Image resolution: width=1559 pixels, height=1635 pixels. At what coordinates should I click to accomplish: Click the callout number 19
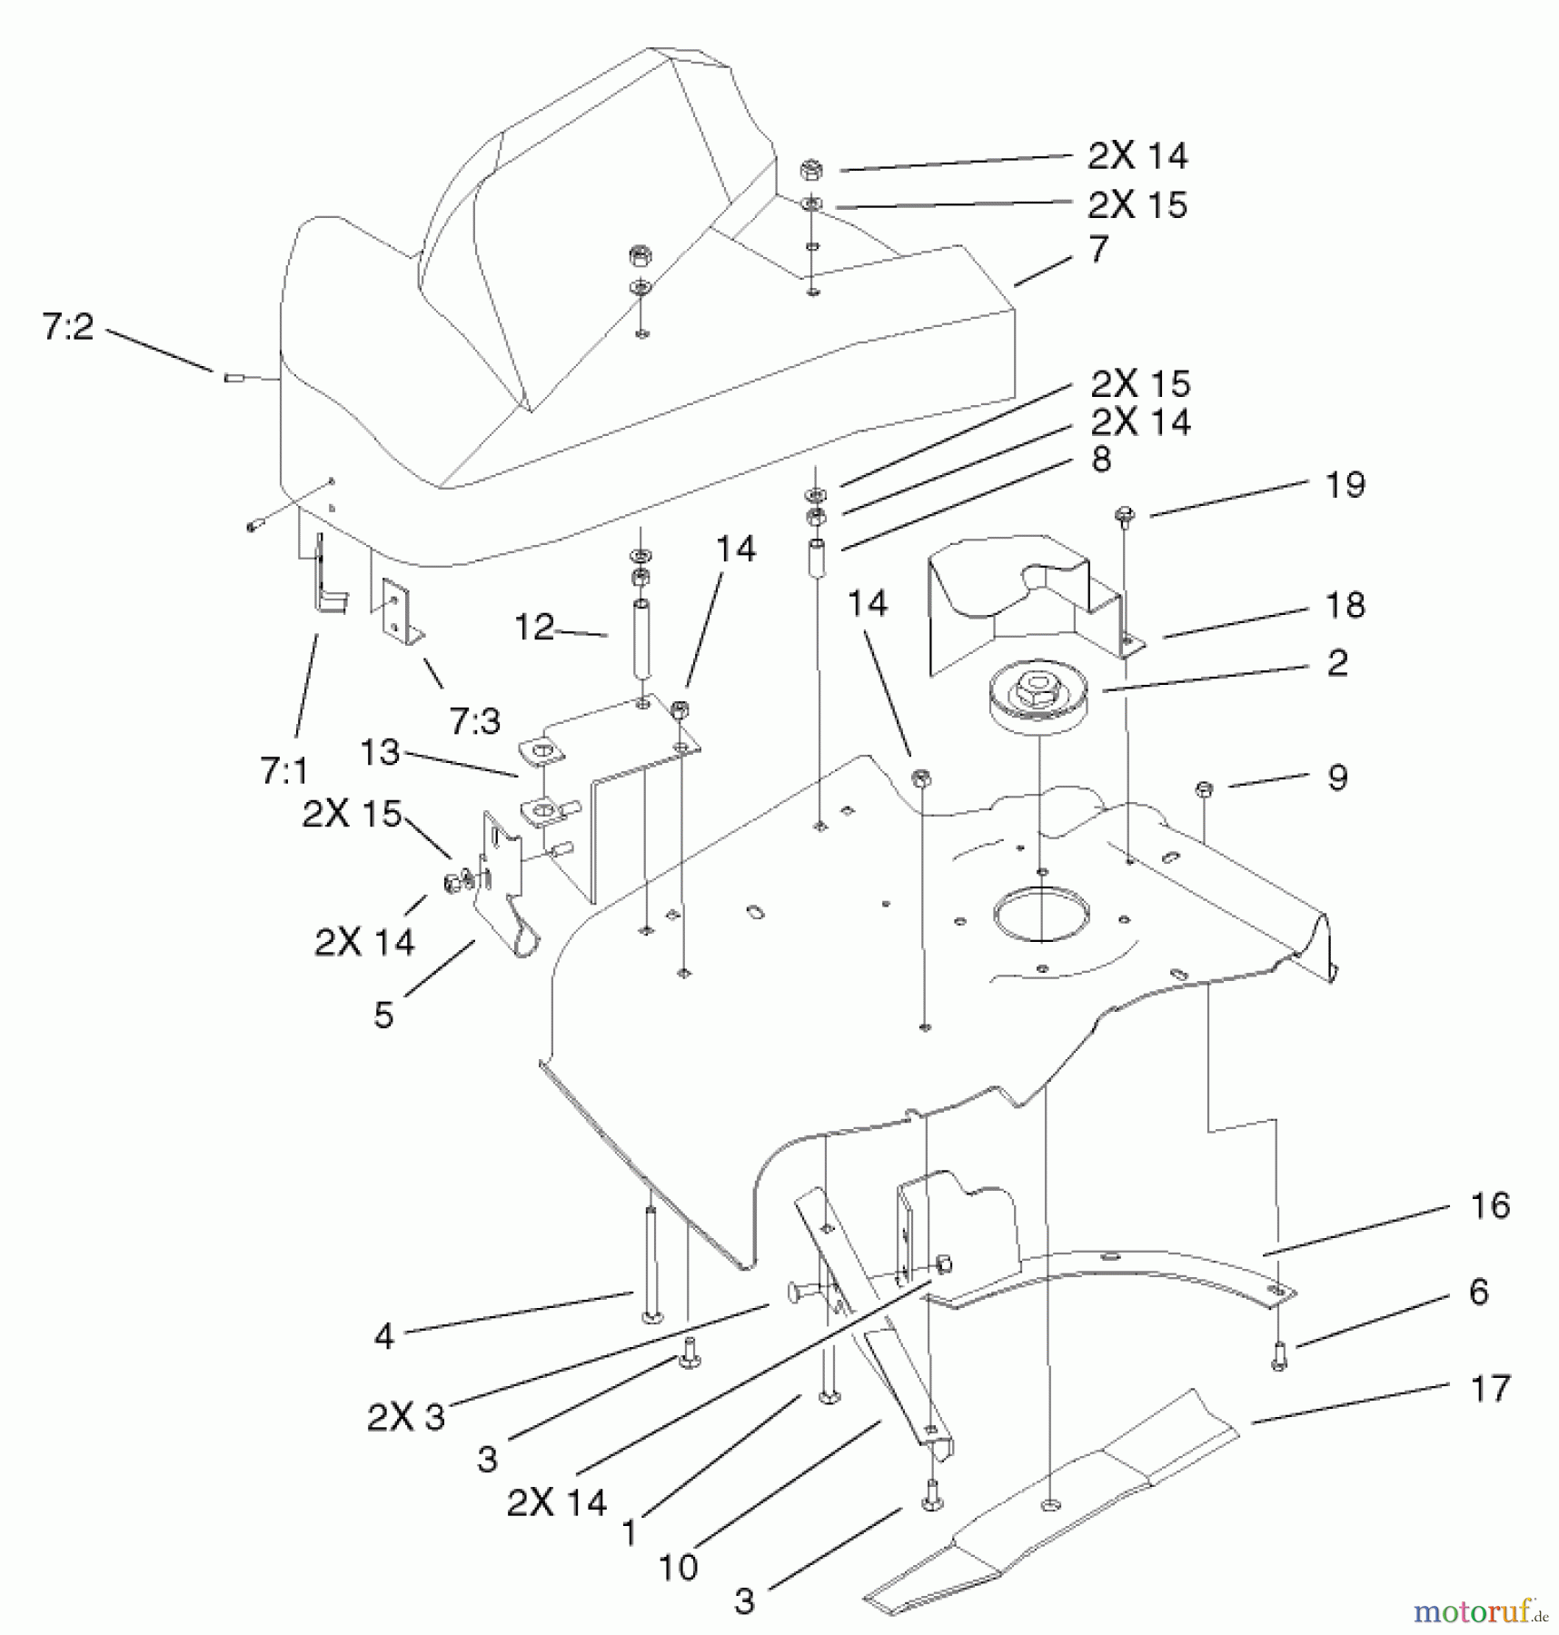[x=1346, y=485]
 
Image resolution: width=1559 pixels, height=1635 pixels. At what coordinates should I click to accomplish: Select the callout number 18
[x=1346, y=605]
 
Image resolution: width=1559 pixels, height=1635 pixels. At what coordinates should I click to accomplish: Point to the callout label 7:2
[x=67, y=327]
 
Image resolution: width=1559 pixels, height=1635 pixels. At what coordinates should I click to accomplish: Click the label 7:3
[x=474, y=721]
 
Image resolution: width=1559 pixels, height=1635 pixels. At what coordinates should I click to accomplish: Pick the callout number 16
[x=1490, y=1206]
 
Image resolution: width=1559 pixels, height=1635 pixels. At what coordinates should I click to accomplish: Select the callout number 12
[x=534, y=627]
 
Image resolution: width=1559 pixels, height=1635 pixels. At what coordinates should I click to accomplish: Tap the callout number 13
[x=380, y=752]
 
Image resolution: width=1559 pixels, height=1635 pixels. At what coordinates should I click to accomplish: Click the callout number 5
[x=384, y=1016]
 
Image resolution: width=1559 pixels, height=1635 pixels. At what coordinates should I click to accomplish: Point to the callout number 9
[x=1337, y=778]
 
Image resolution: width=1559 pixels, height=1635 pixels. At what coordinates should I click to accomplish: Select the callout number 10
[x=678, y=1567]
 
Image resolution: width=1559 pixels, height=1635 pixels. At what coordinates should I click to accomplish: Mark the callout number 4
[x=384, y=1336]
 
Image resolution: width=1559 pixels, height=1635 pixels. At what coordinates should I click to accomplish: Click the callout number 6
[x=1479, y=1292]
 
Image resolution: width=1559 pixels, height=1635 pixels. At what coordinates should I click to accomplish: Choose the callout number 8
[x=1101, y=460]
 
